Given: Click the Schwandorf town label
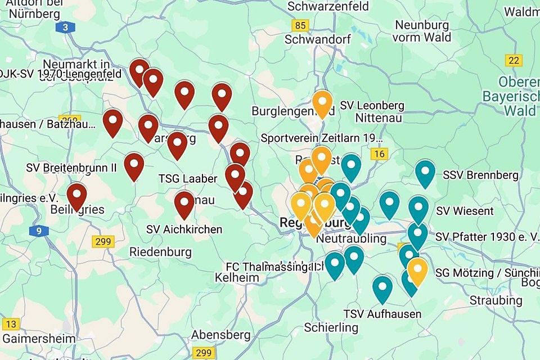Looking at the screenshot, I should pyautogui.click(x=317, y=39).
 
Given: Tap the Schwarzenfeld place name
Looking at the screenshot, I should pyautogui.click(x=328, y=7).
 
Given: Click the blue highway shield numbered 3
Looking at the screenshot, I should pyautogui.click(x=66, y=27).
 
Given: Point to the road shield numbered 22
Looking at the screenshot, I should pyautogui.click(x=514, y=60).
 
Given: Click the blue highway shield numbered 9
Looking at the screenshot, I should pyautogui.click(x=39, y=231).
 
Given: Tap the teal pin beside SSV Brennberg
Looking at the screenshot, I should pyautogui.click(x=425, y=173).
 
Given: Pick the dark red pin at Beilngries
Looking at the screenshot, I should pyautogui.click(x=76, y=197).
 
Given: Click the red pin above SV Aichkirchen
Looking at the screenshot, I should pyautogui.click(x=184, y=204).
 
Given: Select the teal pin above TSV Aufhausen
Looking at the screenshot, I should pyautogui.click(x=382, y=289).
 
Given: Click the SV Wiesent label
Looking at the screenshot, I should pyautogui.click(x=465, y=211).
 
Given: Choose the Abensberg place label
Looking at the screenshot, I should pyautogui.click(x=220, y=335).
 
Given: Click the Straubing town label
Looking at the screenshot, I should pyautogui.click(x=496, y=300).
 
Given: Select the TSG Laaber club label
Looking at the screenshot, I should pyautogui.click(x=187, y=179).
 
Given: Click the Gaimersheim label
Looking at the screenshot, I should pyautogui.click(x=39, y=339).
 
